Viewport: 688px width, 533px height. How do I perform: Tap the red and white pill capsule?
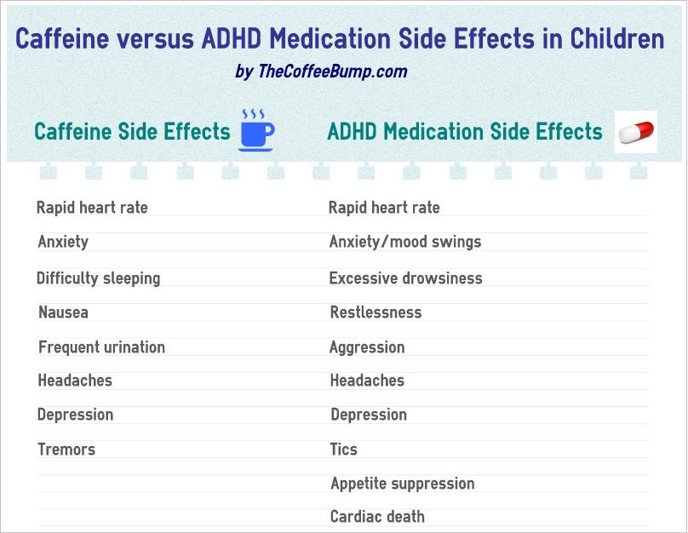(x=636, y=132)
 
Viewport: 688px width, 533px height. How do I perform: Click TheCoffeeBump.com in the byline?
(x=333, y=71)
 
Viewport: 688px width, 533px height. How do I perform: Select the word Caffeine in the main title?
(x=62, y=38)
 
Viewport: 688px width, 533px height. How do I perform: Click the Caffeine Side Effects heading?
(x=132, y=131)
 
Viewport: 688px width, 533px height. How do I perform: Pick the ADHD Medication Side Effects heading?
(x=465, y=131)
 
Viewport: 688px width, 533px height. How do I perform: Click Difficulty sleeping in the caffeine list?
(x=98, y=278)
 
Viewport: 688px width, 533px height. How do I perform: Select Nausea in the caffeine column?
(x=63, y=312)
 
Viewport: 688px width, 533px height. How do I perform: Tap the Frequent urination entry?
(x=101, y=347)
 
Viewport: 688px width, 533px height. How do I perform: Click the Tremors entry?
(x=66, y=450)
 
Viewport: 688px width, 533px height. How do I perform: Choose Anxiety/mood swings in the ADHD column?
(x=405, y=242)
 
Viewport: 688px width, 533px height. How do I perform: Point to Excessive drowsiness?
(x=405, y=278)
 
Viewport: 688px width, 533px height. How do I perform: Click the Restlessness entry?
(x=376, y=312)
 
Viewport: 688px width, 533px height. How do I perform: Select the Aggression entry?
(x=367, y=347)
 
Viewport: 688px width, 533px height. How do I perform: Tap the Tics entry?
(x=343, y=450)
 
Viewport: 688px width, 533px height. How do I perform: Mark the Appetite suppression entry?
(x=403, y=484)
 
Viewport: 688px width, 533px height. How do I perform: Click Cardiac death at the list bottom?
(x=377, y=517)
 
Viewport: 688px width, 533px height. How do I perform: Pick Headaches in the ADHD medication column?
(x=367, y=381)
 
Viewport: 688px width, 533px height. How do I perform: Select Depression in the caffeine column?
(x=75, y=415)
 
